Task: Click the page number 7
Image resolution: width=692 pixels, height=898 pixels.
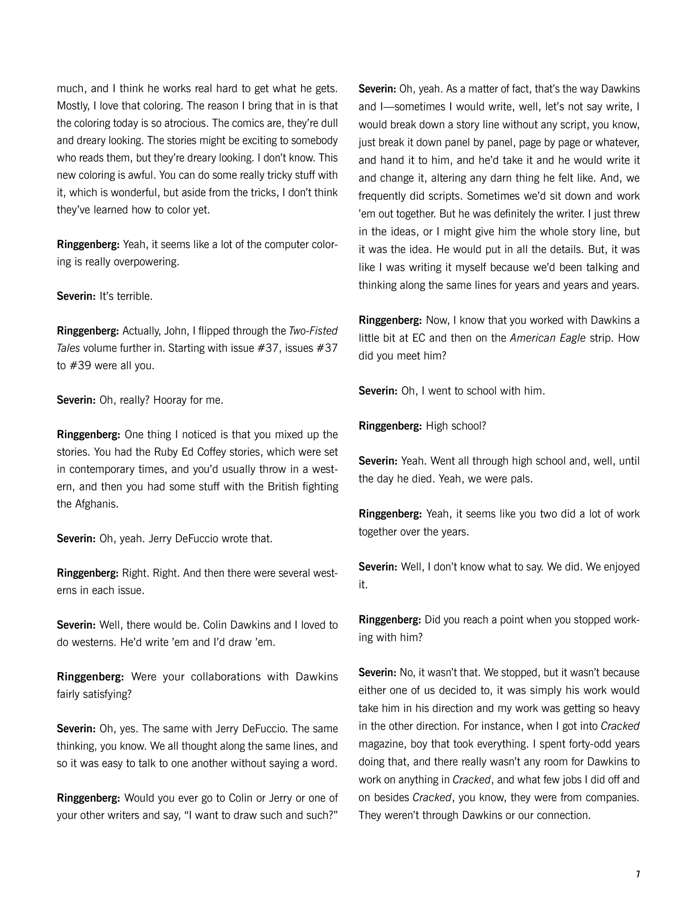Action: click(x=638, y=874)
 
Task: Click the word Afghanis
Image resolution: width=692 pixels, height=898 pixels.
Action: click(x=88, y=504)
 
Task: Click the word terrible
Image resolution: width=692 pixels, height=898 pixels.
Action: click(x=132, y=296)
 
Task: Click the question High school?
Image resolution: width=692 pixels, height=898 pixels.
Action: click(x=455, y=426)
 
